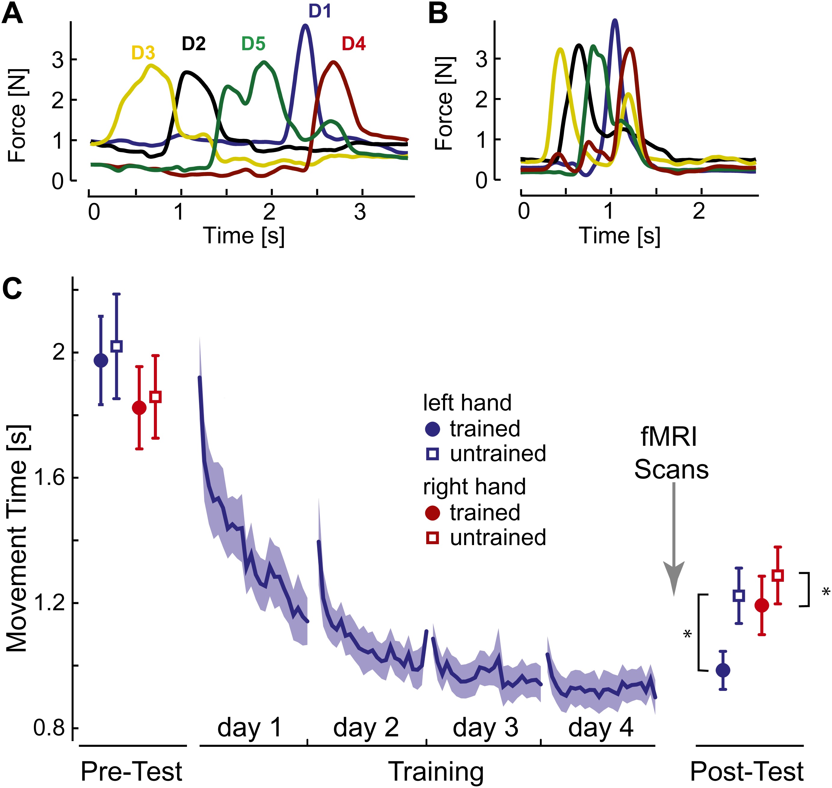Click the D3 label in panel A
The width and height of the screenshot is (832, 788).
click(143, 53)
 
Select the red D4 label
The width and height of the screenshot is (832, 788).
click(354, 44)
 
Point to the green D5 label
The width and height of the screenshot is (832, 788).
click(253, 44)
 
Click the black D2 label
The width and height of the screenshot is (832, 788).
click(194, 44)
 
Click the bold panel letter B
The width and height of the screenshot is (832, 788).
click(438, 14)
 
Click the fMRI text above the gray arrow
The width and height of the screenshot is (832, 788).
click(668, 437)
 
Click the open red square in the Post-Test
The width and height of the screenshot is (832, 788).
click(778, 575)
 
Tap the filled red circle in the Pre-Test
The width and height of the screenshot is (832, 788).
click(139, 407)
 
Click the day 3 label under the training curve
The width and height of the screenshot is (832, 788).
click(485, 728)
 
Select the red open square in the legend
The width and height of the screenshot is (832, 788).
click(433, 538)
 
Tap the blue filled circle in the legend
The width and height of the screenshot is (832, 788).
click(433, 429)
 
